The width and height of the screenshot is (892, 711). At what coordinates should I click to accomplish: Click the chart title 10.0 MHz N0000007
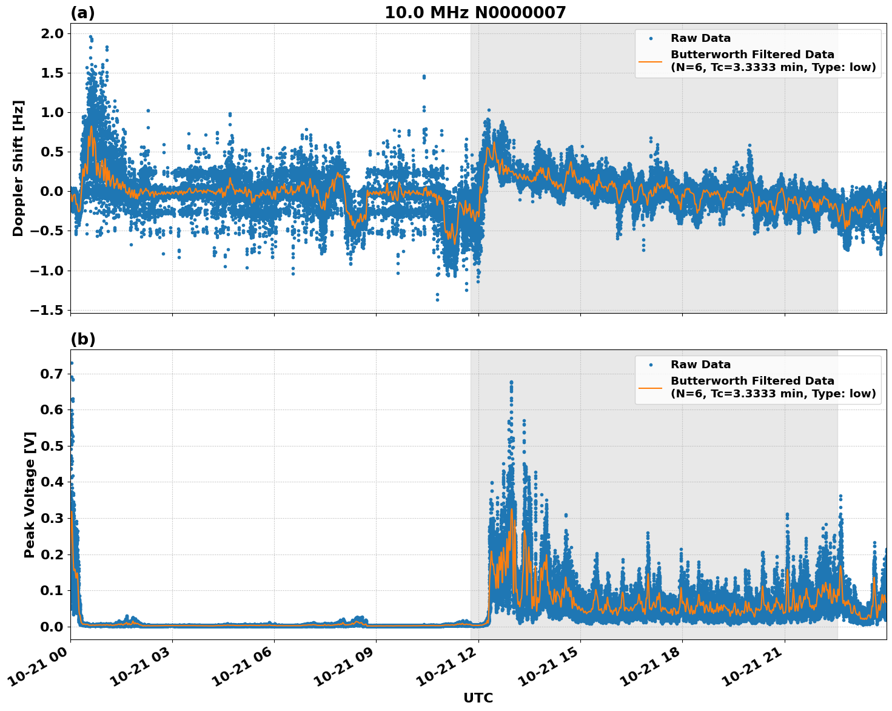(x=475, y=13)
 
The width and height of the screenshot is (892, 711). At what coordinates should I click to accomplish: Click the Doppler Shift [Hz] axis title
(x=18, y=168)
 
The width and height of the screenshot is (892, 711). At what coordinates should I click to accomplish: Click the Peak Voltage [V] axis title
(x=30, y=494)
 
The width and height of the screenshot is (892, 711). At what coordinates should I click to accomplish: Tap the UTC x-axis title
(x=478, y=698)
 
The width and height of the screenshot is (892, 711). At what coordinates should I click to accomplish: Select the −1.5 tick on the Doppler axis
(x=48, y=310)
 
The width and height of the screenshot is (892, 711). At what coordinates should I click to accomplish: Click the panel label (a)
(x=82, y=13)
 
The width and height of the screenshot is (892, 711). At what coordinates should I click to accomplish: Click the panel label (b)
(x=82, y=339)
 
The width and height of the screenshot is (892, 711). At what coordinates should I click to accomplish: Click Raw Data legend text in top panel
(x=700, y=38)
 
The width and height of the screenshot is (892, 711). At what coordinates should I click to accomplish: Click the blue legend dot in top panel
(x=651, y=38)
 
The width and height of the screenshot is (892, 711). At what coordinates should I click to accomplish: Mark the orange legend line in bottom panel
(x=651, y=387)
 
